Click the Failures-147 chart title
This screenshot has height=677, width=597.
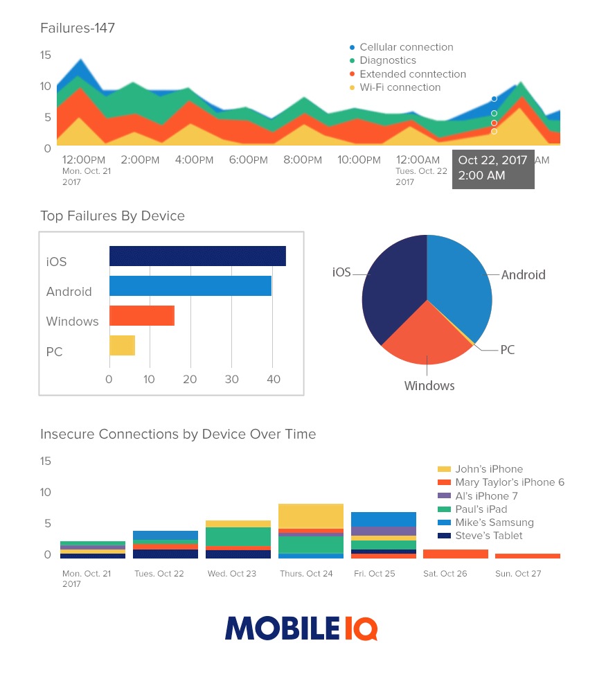click(x=78, y=28)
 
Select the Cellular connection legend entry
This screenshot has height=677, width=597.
click(x=406, y=47)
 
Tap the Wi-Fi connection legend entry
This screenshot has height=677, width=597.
click(x=400, y=87)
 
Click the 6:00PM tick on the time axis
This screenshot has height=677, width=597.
click(x=248, y=160)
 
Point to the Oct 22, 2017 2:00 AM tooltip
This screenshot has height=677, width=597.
click(x=492, y=168)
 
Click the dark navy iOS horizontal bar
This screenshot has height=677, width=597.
click(x=197, y=256)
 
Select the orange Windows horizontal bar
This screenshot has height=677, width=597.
click(x=142, y=316)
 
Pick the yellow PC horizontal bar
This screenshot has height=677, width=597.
click(x=122, y=346)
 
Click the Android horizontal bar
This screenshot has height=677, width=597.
click(x=190, y=286)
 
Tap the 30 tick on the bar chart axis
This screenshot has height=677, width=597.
click(x=232, y=380)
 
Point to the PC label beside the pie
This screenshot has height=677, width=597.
click(x=508, y=350)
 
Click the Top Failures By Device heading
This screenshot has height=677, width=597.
click(x=113, y=216)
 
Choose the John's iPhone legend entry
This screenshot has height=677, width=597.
click(x=488, y=469)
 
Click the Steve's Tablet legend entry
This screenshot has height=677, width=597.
click(x=488, y=536)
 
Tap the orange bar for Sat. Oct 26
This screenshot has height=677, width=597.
click(x=455, y=554)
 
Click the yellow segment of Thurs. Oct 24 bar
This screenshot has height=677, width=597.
click(x=311, y=516)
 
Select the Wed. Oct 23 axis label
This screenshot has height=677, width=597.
click(x=232, y=574)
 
